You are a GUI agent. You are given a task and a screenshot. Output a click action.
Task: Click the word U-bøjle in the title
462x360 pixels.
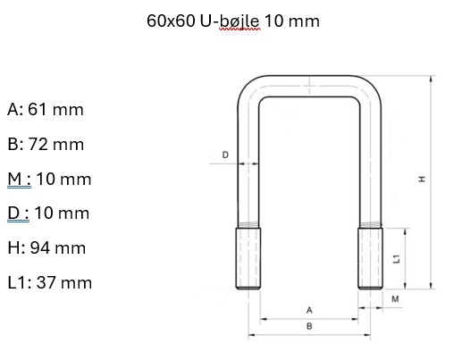point(230,21)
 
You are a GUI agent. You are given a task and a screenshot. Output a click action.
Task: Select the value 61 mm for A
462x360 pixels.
point(55,109)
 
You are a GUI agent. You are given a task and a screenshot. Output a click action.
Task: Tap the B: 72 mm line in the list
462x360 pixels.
point(46,144)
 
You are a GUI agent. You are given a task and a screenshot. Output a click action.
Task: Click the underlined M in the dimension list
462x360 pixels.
point(14,179)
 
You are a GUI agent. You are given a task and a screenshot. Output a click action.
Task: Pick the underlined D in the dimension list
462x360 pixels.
point(13,213)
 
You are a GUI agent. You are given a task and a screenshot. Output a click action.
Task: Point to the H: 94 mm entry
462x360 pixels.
point(46,247)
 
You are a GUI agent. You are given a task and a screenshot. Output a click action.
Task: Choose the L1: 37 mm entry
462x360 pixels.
point(50,282)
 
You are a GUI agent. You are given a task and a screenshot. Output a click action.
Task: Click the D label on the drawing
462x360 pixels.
point(225,155)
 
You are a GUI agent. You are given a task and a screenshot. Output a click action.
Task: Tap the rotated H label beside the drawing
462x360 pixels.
point(422,179)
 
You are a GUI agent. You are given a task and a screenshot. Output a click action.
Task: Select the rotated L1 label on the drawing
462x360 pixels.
point(397,259)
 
